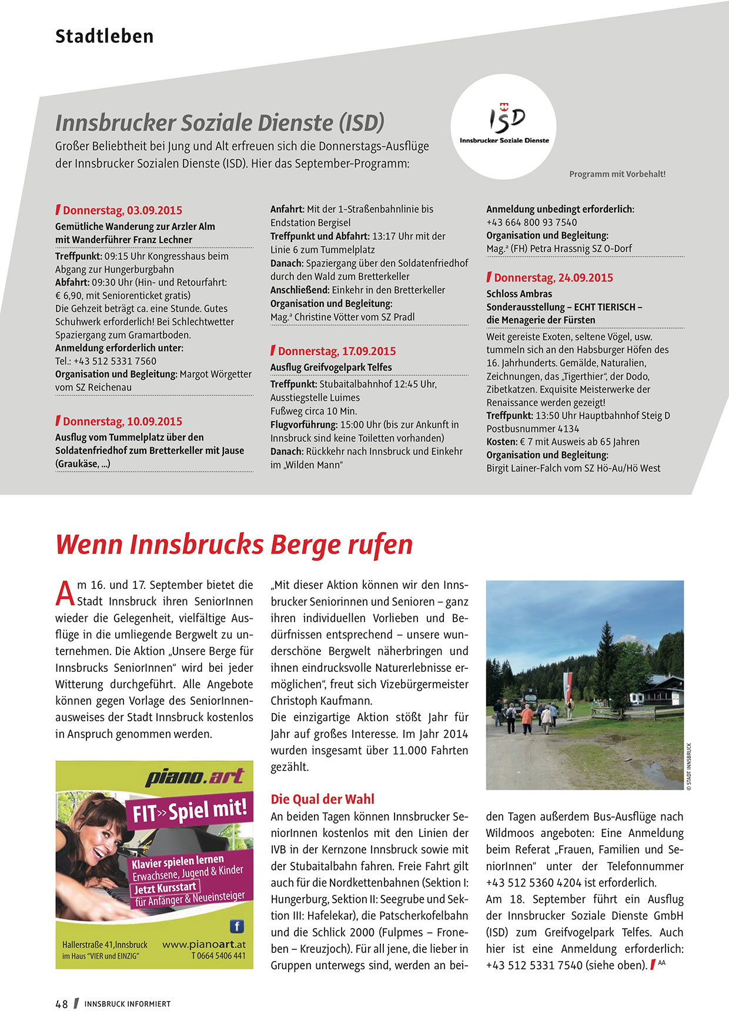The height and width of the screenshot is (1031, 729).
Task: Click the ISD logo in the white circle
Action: [504, 123]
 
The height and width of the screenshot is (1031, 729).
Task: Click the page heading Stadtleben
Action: [104, 36]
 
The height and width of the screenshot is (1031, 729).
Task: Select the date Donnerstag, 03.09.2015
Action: [122, 210]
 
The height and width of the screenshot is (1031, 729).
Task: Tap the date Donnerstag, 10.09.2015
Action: [122, 421]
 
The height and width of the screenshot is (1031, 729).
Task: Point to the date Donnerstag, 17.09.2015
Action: [337, 352]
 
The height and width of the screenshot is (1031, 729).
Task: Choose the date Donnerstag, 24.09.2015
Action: [553, 278]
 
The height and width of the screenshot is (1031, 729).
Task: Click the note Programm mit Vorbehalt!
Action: [617, 174]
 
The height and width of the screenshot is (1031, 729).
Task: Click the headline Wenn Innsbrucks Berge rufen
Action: [234, 544]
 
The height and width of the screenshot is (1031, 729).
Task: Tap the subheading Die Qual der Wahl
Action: [322, 799]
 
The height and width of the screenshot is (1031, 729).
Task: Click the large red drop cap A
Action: [65, 593]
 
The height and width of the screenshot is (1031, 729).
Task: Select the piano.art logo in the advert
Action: [195, 777]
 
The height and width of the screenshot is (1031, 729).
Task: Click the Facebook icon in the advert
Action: [236, 926]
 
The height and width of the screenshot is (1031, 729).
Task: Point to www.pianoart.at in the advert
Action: [203, 945]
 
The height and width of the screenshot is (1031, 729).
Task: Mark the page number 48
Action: [62, 1004]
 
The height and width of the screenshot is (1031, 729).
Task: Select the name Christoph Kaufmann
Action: [322, 701]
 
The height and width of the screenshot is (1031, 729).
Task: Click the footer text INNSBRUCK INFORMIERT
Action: [127, 1004]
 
